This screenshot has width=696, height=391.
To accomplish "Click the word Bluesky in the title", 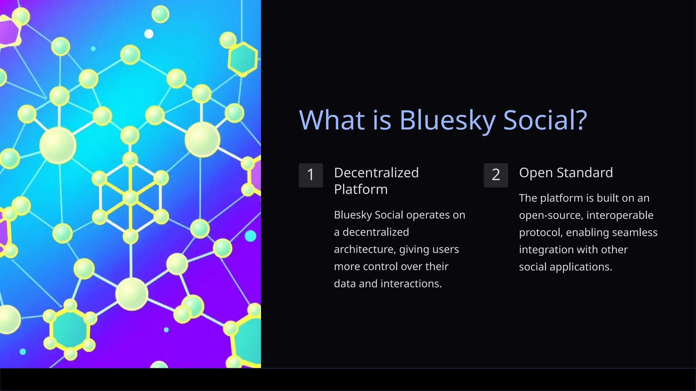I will pos(447,120).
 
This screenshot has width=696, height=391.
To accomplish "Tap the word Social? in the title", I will pos(545,120).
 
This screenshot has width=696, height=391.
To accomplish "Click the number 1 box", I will pos(311,175).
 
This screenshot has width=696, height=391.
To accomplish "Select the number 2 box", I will pos(496,175).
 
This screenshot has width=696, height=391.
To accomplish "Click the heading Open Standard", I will pos(566,173).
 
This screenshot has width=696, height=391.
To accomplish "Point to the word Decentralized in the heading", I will pos(376,173).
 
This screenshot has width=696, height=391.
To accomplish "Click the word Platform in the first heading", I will pos(361,189).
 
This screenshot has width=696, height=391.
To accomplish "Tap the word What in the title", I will pos(332,120).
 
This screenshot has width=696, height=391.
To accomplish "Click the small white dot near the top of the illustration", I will pos(149,34).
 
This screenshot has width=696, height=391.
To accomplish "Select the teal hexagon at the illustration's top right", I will pos(242,59).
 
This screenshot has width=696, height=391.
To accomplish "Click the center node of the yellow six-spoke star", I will pos(130,198).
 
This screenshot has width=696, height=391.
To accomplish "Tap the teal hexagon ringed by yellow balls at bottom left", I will pos(70,329).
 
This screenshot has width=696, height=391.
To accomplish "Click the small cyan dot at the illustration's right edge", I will pos(250,236).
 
